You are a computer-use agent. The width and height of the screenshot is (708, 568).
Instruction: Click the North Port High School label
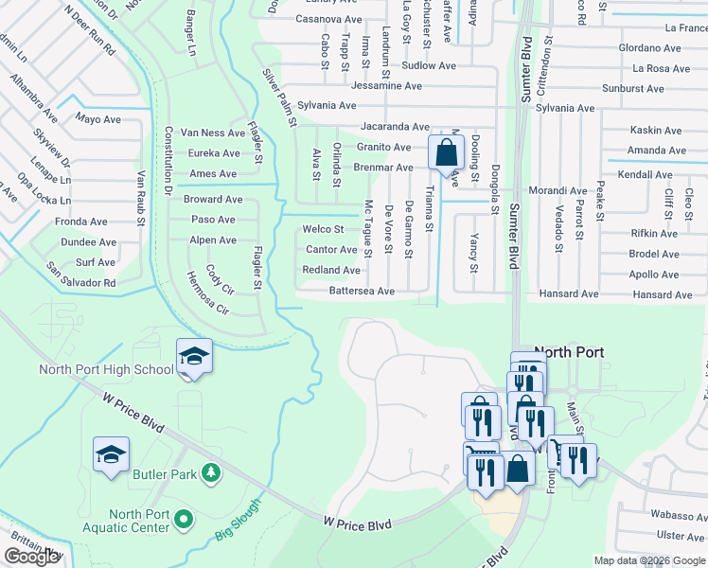106,369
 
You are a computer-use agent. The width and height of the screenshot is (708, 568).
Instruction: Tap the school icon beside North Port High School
194,357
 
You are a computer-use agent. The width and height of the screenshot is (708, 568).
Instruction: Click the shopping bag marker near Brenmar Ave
445,151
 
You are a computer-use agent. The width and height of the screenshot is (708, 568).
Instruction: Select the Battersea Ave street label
362,291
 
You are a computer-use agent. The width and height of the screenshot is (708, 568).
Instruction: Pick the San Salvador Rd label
81,282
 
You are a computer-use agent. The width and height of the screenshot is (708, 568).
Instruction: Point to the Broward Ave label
213,200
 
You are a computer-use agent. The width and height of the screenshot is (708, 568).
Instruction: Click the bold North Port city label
569,351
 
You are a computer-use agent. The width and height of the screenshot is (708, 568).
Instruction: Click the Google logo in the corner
32,557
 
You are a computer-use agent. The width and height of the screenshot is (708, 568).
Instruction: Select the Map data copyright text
648,560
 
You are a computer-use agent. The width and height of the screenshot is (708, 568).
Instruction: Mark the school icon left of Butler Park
111,454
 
